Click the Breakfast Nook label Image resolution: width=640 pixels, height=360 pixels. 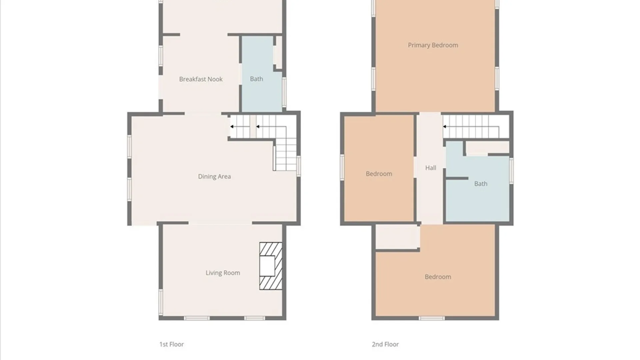(201, 79)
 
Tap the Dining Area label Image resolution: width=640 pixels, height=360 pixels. (214, 176)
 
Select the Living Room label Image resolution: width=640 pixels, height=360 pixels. (223, 273)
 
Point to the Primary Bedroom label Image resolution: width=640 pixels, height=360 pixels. (433, 45)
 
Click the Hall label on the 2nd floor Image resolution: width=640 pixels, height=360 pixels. (431, 168)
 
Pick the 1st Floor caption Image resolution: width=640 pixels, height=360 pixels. (171, 344)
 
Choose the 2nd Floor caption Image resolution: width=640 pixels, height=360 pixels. (385, 344)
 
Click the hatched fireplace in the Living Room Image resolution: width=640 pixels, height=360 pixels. (271, 266)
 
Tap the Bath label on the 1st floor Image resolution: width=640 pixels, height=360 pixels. (256, 79)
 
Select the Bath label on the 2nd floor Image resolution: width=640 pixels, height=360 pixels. (481, 184)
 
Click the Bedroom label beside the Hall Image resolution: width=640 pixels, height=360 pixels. (379, 174)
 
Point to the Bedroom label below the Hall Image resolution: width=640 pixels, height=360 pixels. (438, 277)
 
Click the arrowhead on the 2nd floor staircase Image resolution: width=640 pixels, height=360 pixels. (445, 127)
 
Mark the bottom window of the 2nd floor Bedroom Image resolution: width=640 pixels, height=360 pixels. (431, 318)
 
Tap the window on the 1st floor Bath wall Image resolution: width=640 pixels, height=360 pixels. (284, 92)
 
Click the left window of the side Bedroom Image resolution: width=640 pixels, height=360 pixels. (342, 168)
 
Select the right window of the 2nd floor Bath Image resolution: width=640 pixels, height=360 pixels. (511, 171)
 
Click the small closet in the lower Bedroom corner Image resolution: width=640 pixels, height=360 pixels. (397, 237)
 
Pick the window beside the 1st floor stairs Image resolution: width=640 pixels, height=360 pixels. (299, 166)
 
